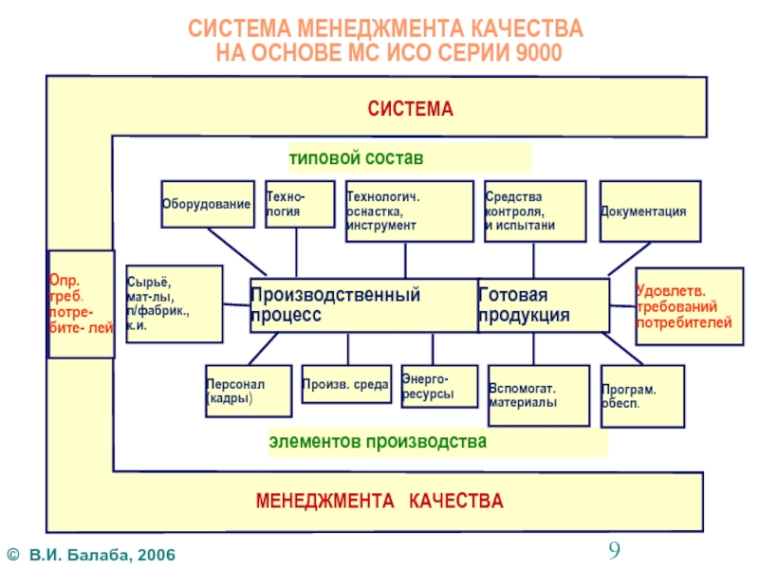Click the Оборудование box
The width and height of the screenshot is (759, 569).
pos(207,205)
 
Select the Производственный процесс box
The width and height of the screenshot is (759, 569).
pos(363,304)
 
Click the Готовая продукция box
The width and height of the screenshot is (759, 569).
pos(543,304)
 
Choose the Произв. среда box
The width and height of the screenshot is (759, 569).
pos(345,385)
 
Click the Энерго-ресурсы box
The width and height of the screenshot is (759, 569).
pos(439,387)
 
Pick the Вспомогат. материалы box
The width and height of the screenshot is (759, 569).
pos(536,395)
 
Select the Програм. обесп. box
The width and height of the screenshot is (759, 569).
pos(641,395)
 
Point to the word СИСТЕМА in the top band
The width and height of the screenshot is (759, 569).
pos(411,109)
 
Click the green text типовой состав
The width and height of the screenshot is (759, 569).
pos(356,156)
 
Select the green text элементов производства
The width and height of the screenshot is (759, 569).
pos(378,442)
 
